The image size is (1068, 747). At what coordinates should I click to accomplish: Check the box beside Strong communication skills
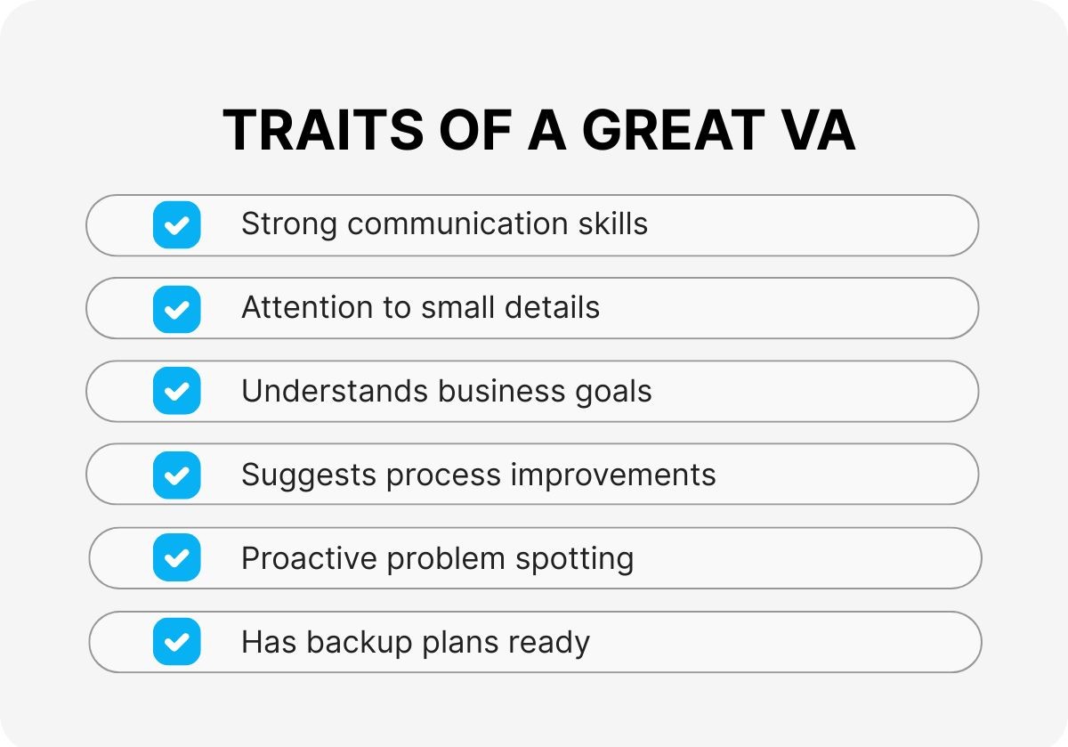point(177,224)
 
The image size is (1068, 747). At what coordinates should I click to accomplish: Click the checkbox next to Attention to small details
point(177,308)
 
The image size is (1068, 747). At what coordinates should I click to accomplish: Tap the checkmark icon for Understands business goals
point(177,391)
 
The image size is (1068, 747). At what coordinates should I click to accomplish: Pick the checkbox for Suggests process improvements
point(177,475)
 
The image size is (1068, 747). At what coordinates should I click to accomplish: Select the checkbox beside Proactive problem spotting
point(177,558)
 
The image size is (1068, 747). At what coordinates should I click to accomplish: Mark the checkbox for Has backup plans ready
point(177,641)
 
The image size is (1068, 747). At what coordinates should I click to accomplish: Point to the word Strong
point(289,224)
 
